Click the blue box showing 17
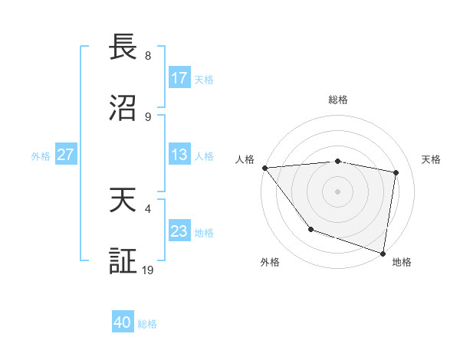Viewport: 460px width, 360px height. pyautogui.click(x=179, y=78)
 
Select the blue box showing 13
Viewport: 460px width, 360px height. pyautogui.click(x=179, y=155)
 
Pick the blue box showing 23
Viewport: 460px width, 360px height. pyautogui.click(x=179, y=231)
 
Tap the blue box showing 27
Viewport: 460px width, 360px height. pyautogui.click(x=65, y=155)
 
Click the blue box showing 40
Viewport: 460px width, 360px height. pyautogui.click(x=123, y=323)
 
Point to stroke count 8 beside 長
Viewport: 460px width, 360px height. pyautogui.click(x=148, y=56)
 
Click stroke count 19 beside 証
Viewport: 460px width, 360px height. pyautogui.click(x=149, y=270)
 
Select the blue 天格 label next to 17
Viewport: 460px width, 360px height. pyautogui.click(x=204, y=79)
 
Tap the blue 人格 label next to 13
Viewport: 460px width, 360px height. pyautogui.click(x=204, y=155)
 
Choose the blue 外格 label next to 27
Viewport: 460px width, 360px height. pyautogui.click(x=41, y=155)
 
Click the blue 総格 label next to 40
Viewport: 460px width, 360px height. pyautogui.click(x=147, y=324)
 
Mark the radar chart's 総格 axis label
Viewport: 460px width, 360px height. pyautogui.click(x=338, y=100)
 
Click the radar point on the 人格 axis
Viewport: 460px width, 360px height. pyautogui.click(x=264, y=168)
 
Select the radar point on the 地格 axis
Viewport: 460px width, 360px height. pyautogui.click(x=383, y=252)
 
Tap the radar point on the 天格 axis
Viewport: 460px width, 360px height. pyautogui.click(x=396, y=172)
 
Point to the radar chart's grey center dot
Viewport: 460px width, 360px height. pyautogui.click(x=338, y=191)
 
